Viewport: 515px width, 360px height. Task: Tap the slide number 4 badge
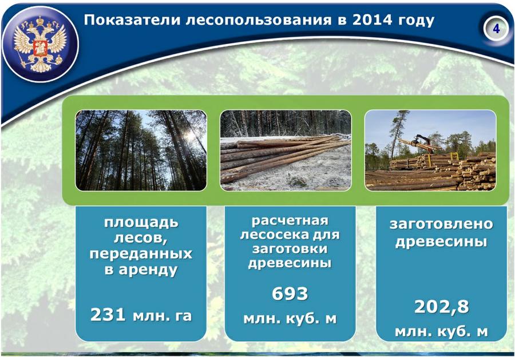point(496,29)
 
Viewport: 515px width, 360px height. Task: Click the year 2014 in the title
point(372,20)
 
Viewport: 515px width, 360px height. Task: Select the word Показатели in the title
point(132,20)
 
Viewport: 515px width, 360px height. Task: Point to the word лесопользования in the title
point(259,21)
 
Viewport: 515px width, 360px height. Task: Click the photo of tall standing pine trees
point(141,151)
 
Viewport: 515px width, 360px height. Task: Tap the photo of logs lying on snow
point(286,151)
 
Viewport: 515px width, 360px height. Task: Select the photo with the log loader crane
point(430,151)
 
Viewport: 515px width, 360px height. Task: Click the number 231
point(108,315)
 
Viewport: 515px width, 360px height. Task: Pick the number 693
point(290,294)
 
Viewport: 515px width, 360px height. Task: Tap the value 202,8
point(441,307)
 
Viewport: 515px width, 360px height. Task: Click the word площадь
point(141,223)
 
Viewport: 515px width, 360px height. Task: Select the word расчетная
point(290,221)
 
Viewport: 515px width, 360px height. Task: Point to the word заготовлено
point(441,224)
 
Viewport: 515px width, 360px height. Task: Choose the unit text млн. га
point(162,316)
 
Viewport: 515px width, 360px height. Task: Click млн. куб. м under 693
point(290,319)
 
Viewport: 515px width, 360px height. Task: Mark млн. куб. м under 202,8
point(441,332)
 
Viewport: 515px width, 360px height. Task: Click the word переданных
point(141,254)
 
